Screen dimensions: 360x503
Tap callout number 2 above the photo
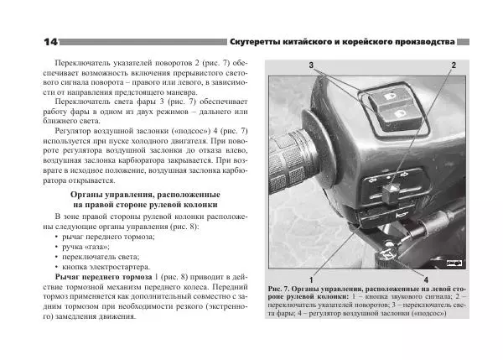454,65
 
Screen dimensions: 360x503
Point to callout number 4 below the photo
427,278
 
